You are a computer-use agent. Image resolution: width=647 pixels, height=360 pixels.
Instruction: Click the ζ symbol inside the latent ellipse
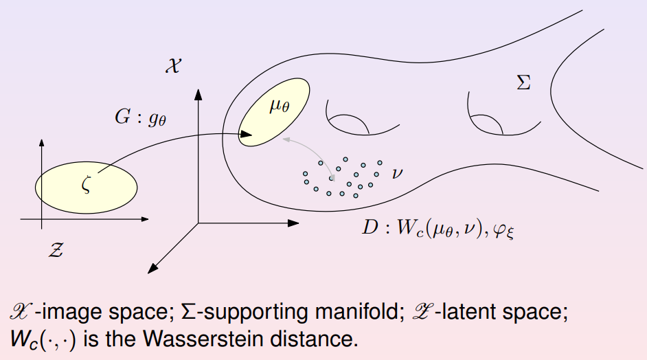87,185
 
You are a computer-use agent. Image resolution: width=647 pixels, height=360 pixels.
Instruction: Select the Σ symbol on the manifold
523,84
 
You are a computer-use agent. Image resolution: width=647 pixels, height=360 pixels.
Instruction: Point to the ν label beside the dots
397,172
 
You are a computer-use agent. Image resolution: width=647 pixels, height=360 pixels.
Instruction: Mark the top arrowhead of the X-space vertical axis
198,92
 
